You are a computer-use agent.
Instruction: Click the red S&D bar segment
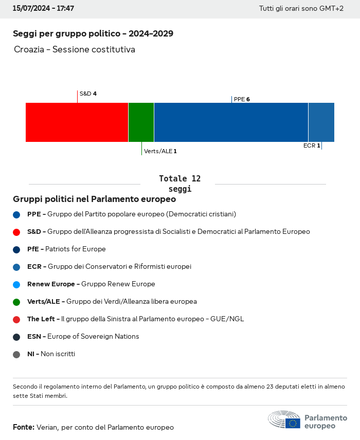pyautogui.click(x=77, y=122)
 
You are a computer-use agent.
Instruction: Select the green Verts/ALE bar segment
pyautogui.click(x=141, y=122)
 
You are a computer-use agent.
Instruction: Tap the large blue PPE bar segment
pyautogui.click(x=231, y=122)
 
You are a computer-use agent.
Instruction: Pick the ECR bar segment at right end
pyautogui.click(x=321, y=122)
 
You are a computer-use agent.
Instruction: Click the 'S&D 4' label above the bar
pyautogui.click(x=88, y=94)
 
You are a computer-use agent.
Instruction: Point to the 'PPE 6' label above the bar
pyautogui.click(x=242, y=99)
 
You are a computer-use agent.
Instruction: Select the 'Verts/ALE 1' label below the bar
pyautogui.click(x=160, y=151)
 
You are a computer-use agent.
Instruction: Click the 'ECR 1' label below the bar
pyautogui.click(x=312, y=145)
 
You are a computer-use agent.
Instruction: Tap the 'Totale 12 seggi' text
pyautogui.click(x=179, y=184)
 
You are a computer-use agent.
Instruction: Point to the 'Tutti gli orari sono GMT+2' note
pyautogui.click(x=301, y=9)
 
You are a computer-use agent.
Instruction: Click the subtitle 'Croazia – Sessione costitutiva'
pyautogui.click(x=75, y=50)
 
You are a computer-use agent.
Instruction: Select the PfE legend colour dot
pyautogui.click(x=16, y=249)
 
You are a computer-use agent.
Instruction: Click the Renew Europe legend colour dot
pyautogui.click(x=16, y=284)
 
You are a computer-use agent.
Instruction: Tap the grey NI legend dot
pyautogui.click(x=16, y=354)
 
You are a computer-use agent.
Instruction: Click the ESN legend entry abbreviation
pyautogui.click(x=35, y=337)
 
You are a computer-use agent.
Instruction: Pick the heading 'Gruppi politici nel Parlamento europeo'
pyautogui.click(x=94, y=199)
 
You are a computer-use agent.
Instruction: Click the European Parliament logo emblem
pyautogui.click(x=284, y=419)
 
